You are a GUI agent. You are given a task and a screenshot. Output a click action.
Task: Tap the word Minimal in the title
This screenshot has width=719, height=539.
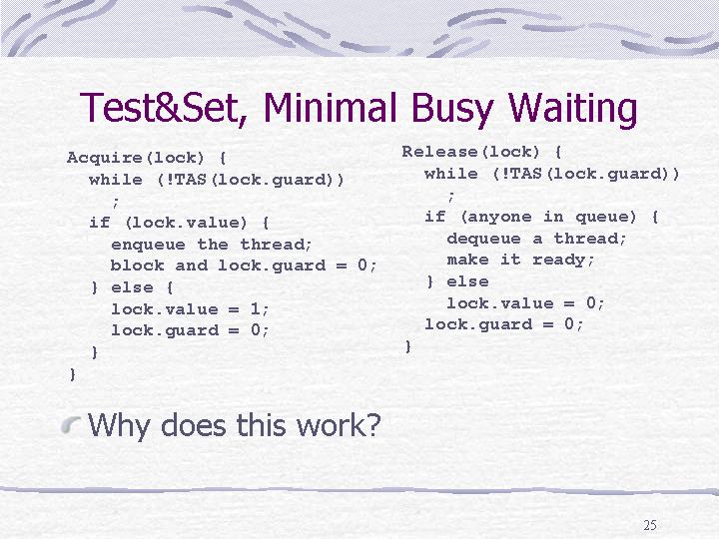330,107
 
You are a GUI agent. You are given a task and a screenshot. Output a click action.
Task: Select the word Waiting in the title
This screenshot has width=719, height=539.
573,110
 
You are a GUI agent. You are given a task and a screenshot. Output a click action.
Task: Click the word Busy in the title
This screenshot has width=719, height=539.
452,110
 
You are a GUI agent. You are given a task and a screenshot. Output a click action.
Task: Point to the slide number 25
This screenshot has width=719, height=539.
650,525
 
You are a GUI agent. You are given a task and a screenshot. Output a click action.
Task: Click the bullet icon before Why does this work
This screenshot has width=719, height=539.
71,424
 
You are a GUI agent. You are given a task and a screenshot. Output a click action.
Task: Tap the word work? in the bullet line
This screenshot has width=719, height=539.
339,425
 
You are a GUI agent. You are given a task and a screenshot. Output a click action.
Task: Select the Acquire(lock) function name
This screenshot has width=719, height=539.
135,158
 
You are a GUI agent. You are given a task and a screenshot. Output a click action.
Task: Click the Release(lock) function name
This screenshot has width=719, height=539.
471,152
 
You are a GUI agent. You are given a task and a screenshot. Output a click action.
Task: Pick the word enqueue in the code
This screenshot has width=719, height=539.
148,245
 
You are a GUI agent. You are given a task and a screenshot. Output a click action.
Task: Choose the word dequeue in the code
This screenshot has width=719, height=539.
483,239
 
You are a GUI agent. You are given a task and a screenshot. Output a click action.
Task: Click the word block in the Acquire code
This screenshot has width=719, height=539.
137,266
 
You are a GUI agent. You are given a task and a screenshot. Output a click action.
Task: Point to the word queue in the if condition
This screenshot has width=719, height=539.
605,217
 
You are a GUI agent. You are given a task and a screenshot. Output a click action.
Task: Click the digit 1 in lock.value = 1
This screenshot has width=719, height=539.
256,308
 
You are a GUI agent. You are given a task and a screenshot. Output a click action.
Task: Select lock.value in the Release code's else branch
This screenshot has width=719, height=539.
500,303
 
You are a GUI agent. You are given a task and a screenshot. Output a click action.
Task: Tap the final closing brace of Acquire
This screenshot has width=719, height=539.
72,374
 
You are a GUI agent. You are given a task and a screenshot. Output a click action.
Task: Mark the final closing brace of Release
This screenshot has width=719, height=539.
407,346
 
